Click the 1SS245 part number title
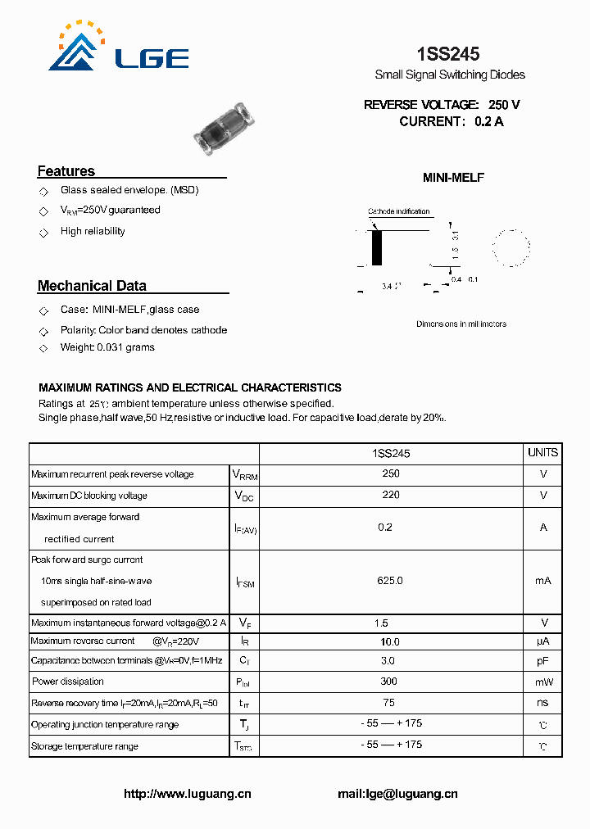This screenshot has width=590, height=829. click(x=448, y=54)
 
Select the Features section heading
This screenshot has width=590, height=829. click(x=66, y=171)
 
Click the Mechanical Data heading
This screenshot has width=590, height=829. click(x=92, y=286)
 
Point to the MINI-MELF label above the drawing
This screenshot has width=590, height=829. click(x=453, y=178)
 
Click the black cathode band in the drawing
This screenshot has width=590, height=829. click(x=377, y=247)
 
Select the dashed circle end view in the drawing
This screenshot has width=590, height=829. click(x=511, y=247)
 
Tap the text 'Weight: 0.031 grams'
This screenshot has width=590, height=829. click(x=107, y=347)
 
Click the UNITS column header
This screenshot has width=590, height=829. click(x=542, y=453)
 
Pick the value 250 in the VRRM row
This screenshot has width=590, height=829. click(x=391, y=473)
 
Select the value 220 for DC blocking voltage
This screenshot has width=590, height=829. click(x=391, y=495)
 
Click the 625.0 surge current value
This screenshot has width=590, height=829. click(x=390, y=580)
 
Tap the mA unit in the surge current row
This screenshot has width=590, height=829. click(x=542, y=580)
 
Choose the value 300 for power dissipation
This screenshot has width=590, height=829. click(x=389, y=682)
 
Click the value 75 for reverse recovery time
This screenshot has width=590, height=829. click(x=389, y=702)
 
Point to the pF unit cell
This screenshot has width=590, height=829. click(x=542, y=660)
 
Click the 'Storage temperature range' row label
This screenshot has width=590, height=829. click(x=84, y=746)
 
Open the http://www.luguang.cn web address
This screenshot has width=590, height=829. click(x=187, y=794)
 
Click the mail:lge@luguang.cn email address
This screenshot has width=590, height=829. click(x=397, y=794)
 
